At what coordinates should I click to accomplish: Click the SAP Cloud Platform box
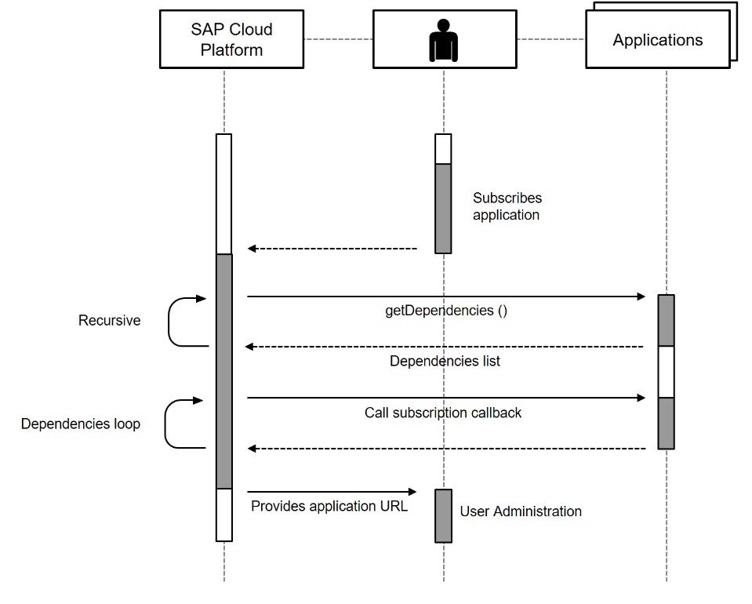click(x=231, y=39)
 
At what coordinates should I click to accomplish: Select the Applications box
click(x=657, y=40)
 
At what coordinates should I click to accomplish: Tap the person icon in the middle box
click(x=443, y=39)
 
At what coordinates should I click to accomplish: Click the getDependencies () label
click(x=445, y=310)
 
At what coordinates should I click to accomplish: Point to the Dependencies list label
click(x=445, y=362)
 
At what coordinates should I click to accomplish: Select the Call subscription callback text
click(x=442, y=413)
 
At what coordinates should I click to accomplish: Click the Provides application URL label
click(x=329, y=506)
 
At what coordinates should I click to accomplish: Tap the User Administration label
click(x=521, y=511)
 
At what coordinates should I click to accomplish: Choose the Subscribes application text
click(x=507, y=206)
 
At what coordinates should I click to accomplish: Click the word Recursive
click(x=109, y=320)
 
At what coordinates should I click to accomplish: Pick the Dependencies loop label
click(x=80, y=424)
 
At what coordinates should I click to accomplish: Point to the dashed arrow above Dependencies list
click(x=444, y=347)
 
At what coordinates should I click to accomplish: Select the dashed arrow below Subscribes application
click(x=332, y=249)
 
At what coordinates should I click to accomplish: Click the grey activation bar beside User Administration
click(x=444, y=515)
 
